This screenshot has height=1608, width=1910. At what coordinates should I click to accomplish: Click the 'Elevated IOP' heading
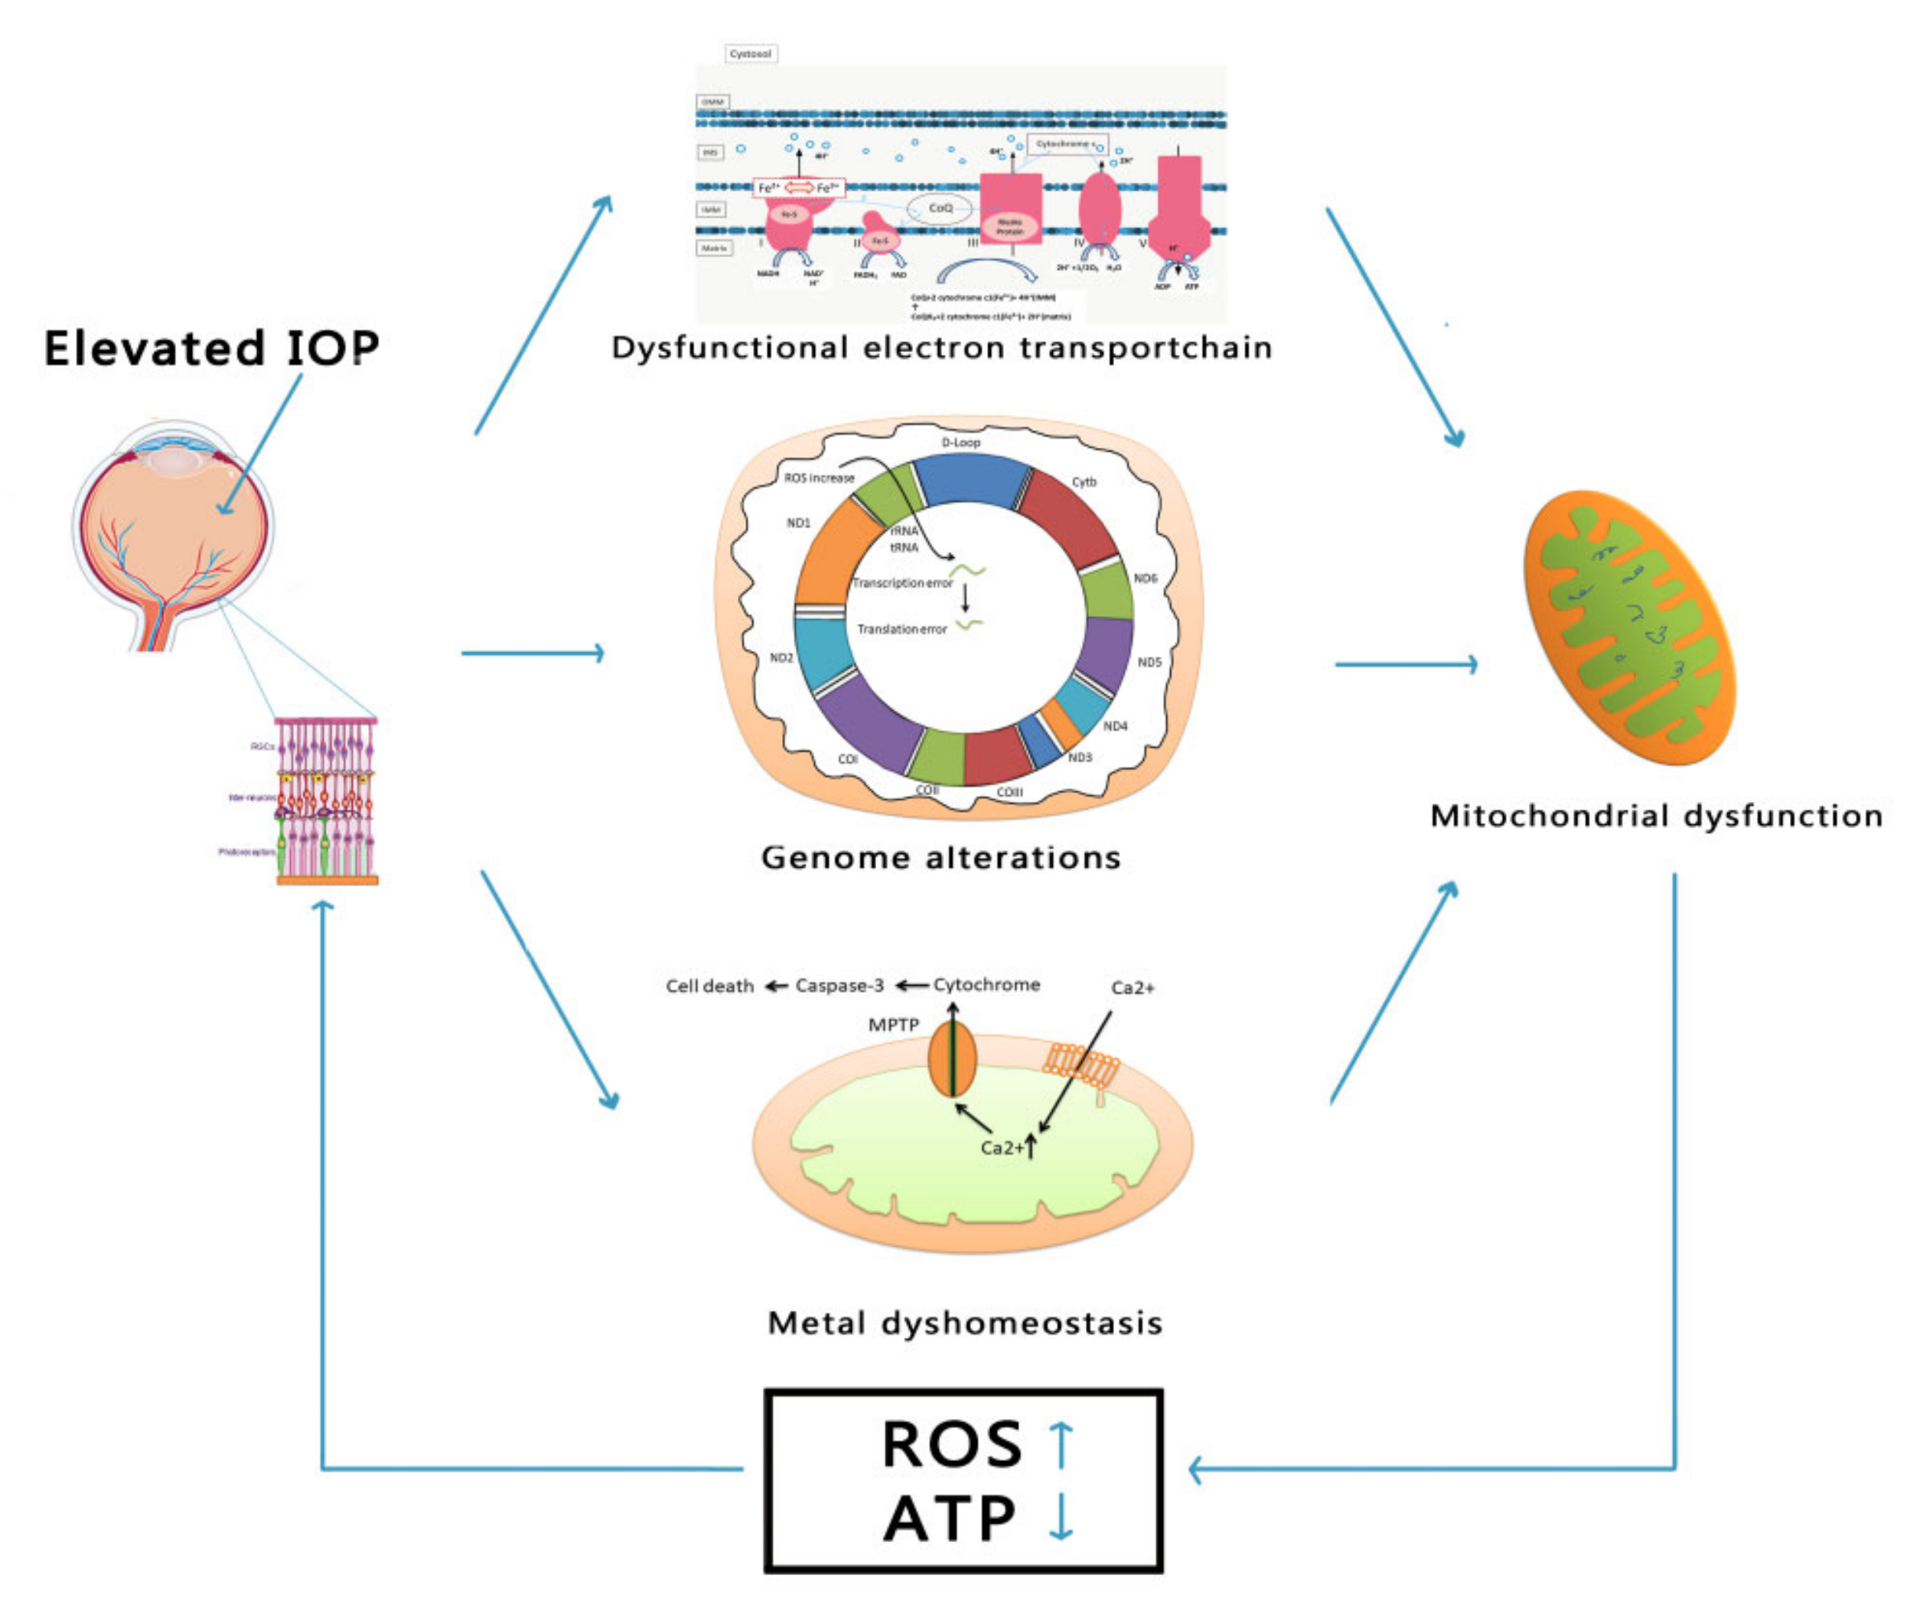point(211,348)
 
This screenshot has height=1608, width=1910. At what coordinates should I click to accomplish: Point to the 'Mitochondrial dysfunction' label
point(1656,816)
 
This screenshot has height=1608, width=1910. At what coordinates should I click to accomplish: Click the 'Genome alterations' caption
point(940,858)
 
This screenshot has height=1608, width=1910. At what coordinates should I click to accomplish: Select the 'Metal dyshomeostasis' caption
point(964,1323)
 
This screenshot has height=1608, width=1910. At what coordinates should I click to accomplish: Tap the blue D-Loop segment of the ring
point(971,479)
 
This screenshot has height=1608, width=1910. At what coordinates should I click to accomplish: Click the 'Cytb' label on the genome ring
point(1084,482)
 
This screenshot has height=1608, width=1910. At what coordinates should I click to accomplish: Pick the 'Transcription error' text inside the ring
point(902,582)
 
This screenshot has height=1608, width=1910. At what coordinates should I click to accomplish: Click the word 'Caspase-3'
point(839,986)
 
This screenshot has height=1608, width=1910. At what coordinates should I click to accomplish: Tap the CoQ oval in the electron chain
point(940,209)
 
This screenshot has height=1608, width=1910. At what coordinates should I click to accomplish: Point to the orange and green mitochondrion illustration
point(1629,629)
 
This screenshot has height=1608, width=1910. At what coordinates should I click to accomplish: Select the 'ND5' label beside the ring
point(1149,662)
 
